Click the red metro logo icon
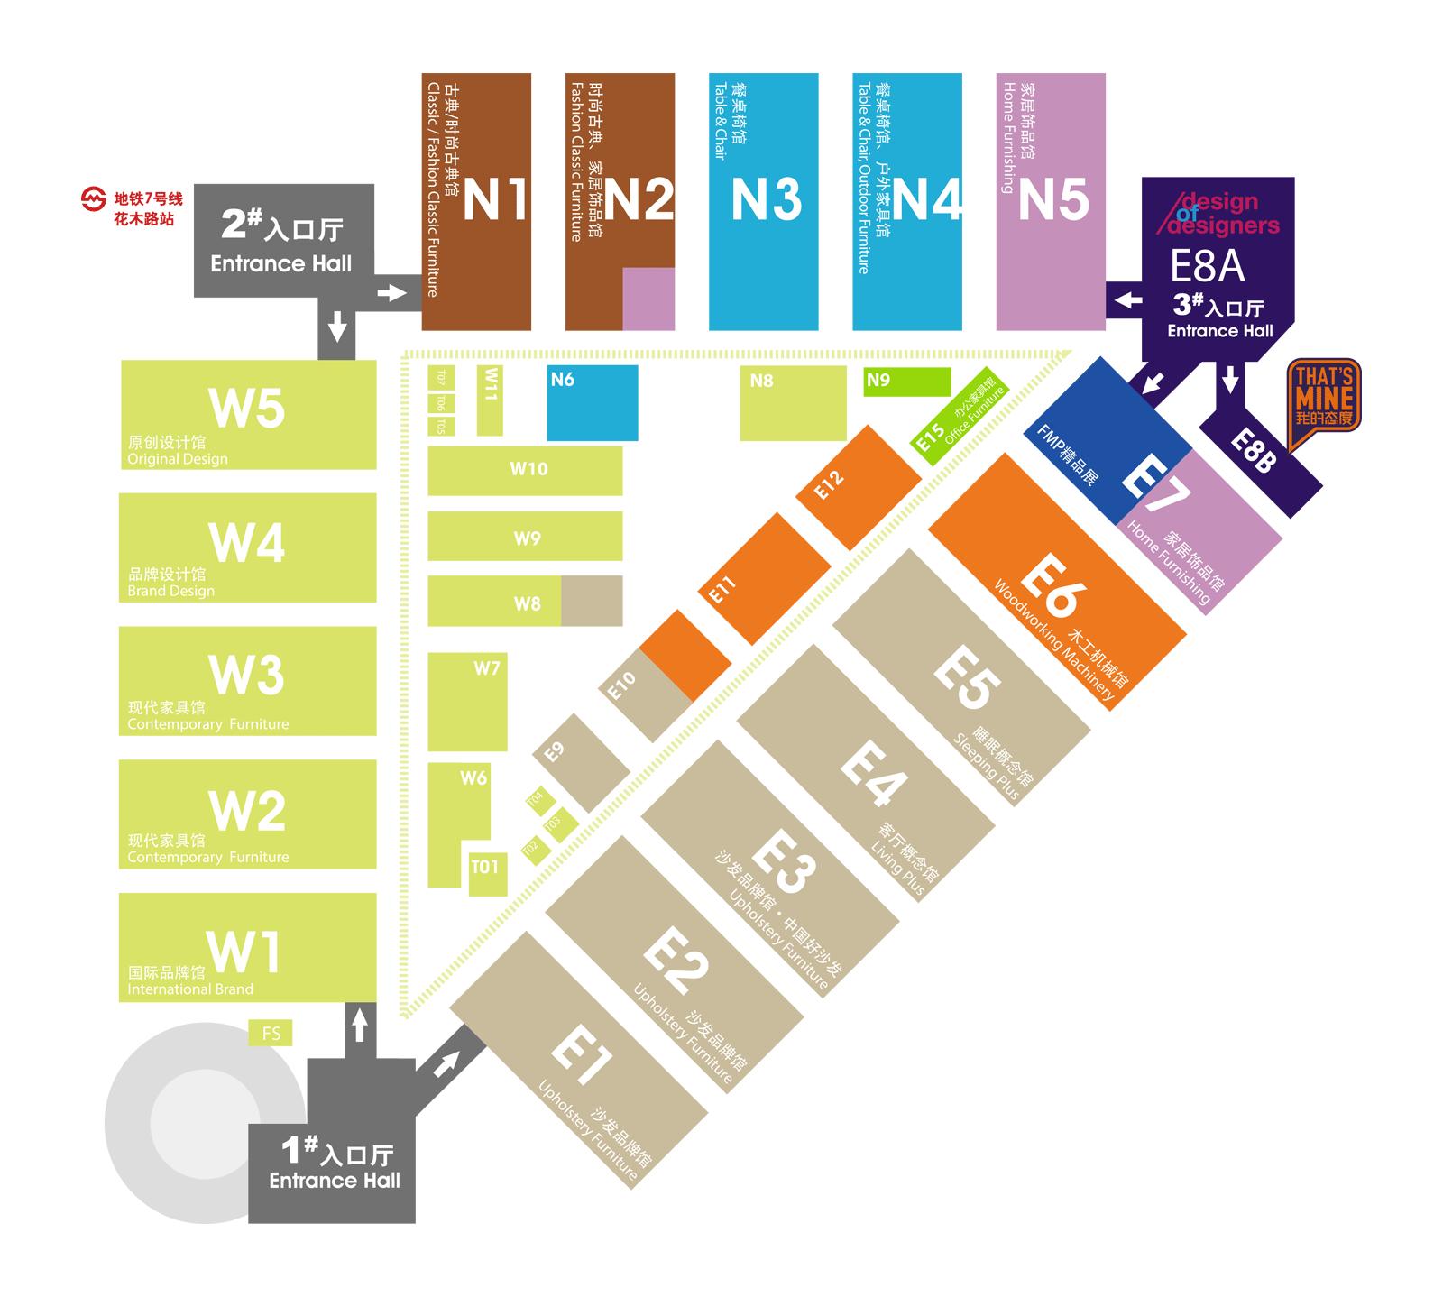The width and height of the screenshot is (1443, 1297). click(94, 199)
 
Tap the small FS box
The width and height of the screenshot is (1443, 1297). click(271, 1034)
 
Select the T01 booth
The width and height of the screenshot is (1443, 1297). click(486, 868)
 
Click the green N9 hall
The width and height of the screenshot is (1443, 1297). click(906, 382)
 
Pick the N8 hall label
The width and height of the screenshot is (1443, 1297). click(762, 381)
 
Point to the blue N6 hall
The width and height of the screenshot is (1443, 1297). click(593, 402)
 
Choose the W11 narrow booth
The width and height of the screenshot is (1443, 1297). click(490, 400)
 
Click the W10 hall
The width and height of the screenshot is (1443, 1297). click(525, 470)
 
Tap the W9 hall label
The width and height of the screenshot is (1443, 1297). click(527, 538)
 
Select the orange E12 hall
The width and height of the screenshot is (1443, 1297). click(858, 486)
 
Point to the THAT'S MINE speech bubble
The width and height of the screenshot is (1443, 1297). click(1324, 401)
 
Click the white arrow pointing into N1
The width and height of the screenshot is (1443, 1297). click(391, 293)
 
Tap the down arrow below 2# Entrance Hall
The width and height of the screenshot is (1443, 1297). click(337, 326)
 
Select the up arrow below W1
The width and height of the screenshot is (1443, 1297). click(360, 1026)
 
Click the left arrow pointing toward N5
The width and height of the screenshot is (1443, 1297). click(1127, 300)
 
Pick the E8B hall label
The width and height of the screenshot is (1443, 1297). click(1254, 450)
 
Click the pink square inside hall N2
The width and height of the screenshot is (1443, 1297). click(648, 299)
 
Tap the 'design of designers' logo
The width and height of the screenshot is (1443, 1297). click(1220, 214)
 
